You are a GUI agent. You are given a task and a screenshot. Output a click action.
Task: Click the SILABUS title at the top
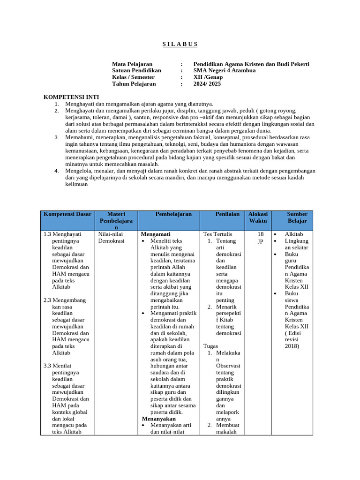(180, 44)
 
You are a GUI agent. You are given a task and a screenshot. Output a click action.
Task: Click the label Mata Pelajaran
(132, 64)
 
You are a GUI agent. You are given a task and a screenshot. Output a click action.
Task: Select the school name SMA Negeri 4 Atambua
(225, 71)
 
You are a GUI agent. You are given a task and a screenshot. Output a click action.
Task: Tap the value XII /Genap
(208, 77)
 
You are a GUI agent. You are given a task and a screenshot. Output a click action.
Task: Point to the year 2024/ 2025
(207, 84)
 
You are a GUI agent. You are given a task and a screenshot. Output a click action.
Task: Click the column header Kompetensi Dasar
(67, 214)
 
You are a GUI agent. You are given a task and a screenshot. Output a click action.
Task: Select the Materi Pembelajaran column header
(116, 220)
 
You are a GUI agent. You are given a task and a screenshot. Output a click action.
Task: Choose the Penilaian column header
(227, 214)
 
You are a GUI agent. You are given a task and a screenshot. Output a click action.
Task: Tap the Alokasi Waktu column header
(258, 217)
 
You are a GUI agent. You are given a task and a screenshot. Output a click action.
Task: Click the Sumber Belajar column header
(297, 217)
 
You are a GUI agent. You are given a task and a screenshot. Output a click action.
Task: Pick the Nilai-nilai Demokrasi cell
(111, 237)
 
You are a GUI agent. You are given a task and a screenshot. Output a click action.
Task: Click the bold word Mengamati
(156, 234)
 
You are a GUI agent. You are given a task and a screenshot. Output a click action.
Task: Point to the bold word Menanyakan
(158, 419)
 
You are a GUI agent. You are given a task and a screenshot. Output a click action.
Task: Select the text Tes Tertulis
(217, 234)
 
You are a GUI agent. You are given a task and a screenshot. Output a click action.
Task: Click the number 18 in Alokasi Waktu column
(261, 234)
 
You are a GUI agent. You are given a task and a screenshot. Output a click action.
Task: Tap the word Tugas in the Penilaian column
(211, 346)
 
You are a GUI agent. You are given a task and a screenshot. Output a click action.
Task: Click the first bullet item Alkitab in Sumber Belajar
(294, 234)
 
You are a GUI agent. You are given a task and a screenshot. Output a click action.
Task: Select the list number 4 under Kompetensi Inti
(57, 171)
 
